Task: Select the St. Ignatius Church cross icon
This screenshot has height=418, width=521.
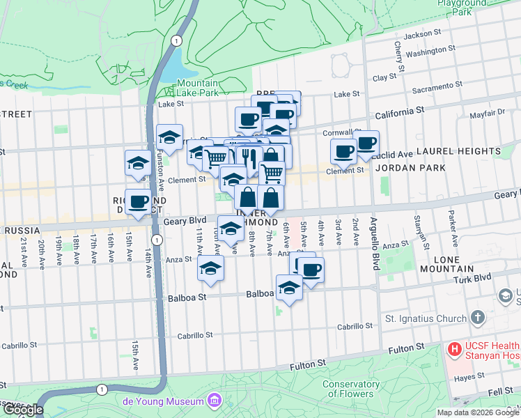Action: pyautogui.click(x=477, y=318)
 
